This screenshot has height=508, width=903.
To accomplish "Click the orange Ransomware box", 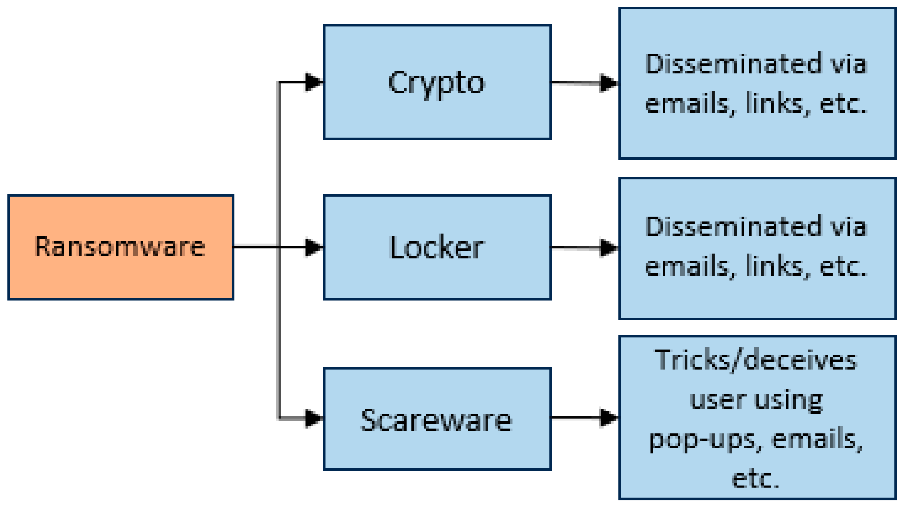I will pos(121,247).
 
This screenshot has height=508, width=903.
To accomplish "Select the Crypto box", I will pos(437,82).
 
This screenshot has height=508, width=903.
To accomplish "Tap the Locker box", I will pos(437,247).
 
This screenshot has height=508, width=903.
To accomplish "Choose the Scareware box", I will pos(437,419).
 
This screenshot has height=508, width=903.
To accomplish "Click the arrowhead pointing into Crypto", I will pos(314,82).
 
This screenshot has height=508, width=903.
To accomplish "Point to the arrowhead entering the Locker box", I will pos(314,247).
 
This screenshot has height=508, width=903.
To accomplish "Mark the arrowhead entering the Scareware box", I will pos(314,418).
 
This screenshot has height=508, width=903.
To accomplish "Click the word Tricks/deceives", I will pos(756,361).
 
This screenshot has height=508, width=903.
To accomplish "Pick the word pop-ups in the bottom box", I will pos(702,440).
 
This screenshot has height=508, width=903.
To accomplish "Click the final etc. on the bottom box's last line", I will pos(755,479).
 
